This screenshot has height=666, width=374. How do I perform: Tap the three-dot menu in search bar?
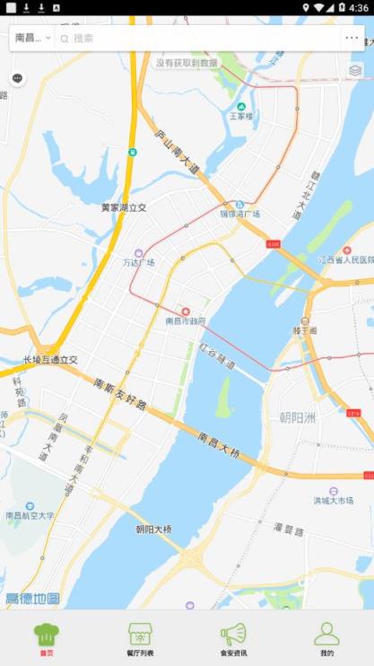point(352,38)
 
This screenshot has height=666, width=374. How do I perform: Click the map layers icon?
point(355,70)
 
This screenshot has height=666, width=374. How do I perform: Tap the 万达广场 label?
point(138,262)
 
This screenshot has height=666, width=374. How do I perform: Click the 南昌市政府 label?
point(186,320)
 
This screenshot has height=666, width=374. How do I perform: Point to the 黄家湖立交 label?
point(123,207)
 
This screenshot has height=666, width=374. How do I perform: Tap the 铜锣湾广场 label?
point(239,215)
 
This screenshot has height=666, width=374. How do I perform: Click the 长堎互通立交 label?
point(50,360)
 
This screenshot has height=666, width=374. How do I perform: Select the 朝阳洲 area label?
point(298,418)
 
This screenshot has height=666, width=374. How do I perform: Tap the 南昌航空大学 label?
point(30,515)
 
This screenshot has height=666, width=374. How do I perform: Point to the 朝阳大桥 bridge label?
point(153,529)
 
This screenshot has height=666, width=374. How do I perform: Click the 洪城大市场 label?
point(333,500)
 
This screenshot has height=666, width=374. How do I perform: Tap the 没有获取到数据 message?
point(187,63)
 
